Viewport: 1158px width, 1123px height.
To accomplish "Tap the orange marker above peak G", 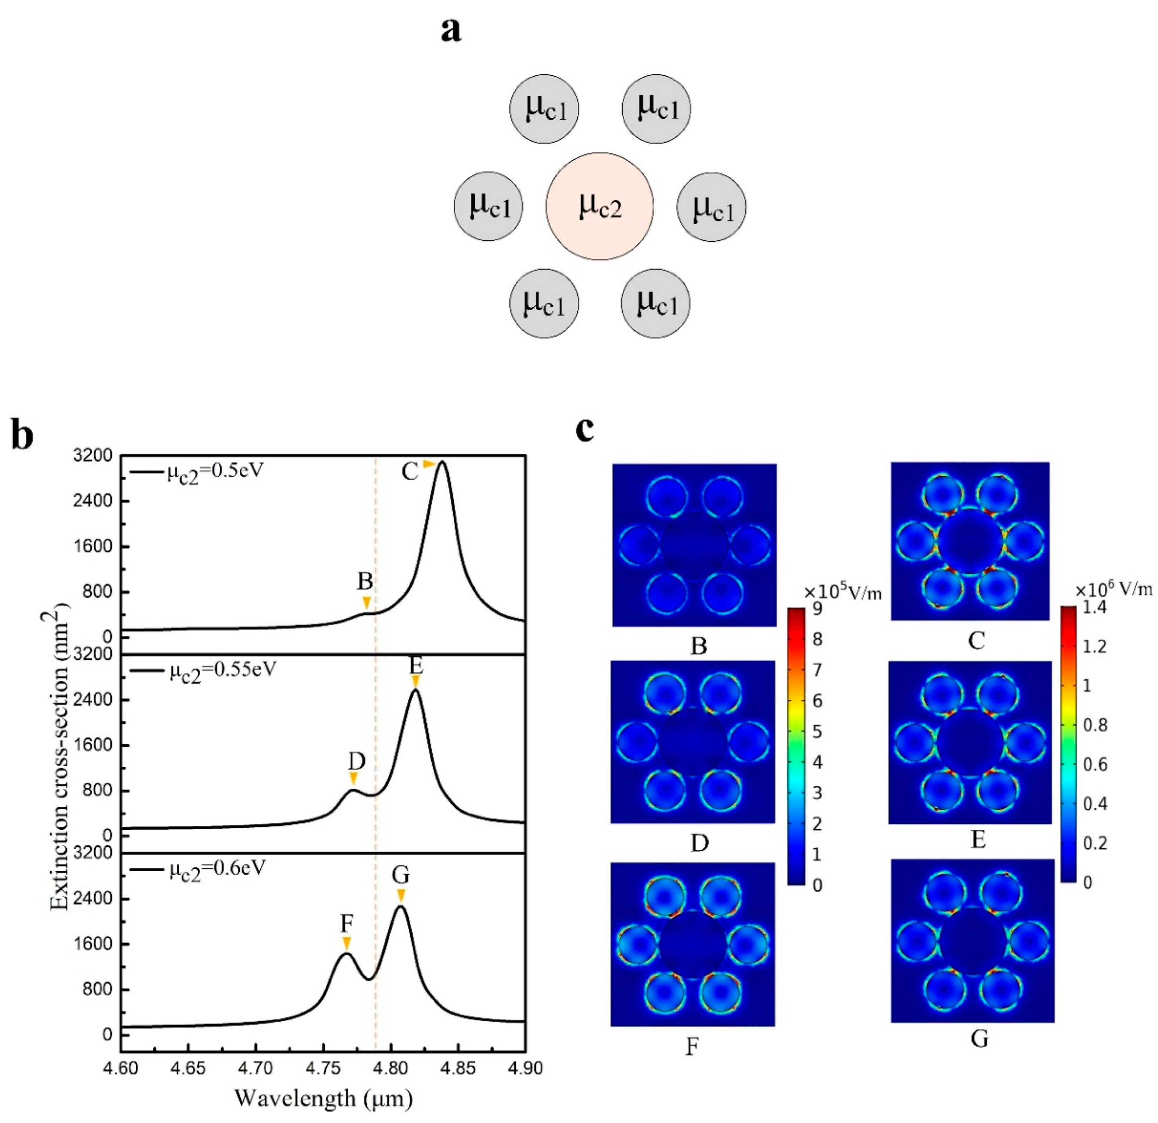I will click(401, 894).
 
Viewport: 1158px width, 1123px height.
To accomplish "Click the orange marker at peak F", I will click(347, 943).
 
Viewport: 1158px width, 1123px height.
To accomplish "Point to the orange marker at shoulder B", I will click(366, 603).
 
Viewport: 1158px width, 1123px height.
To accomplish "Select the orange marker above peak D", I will click(354, 778).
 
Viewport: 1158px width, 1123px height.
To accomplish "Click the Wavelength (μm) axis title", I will click(323, 1098).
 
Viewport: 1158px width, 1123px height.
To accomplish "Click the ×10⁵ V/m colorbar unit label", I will click(842, 592).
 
